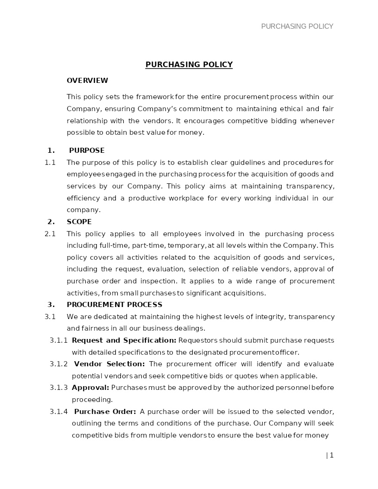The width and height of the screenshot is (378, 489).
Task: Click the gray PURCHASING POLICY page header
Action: tap(297, 26)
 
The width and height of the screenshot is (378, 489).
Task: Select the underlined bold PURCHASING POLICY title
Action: tap(189, 65)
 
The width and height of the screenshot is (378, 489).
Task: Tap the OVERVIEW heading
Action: tap(87, 81)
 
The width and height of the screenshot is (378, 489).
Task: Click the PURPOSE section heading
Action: tap(87, 150)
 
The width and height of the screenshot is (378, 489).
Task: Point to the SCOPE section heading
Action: tap(79, 222)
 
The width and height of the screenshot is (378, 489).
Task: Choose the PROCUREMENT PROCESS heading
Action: tap(114, 305)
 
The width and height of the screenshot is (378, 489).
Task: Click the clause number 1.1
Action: tap(50, 163)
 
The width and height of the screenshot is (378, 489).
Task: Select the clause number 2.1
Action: tap(50, 234)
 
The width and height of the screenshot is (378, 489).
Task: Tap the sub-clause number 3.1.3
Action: tap(58, 388)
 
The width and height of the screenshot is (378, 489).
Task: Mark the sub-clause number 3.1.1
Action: tap(58, 340)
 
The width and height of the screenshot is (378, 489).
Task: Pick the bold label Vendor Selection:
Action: tap(109, 364)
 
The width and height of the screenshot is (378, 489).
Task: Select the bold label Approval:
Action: tap(90, 388)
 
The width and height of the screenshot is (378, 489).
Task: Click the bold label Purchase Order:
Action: tap(105, 412)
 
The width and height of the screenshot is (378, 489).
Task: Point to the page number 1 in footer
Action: tap(331, 455)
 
